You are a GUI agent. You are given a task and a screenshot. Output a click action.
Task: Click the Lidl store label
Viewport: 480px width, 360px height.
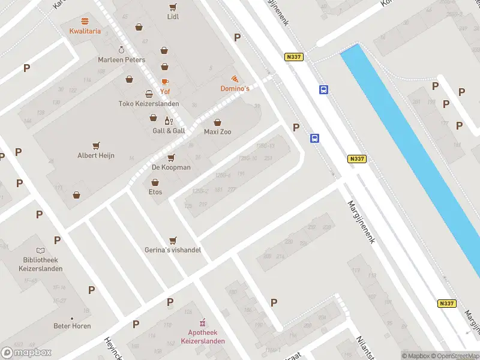pyautogui.click(x=173, y=17)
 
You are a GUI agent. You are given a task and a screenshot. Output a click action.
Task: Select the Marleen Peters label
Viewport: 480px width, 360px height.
pyautogui.click(x=122, y=60)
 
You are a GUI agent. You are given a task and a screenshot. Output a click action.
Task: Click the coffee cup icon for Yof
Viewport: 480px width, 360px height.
pyautogui.click(x=164, y=82)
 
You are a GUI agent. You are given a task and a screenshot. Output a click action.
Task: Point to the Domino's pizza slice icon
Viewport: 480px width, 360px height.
pyautogui.click(x=235, y=79)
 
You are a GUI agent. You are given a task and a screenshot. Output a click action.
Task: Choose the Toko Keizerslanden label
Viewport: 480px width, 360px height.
pyautogui.click(x=148, y=103)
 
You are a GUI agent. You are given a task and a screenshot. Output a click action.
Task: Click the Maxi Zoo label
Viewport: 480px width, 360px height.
pyautogui.click(x=217, y=131)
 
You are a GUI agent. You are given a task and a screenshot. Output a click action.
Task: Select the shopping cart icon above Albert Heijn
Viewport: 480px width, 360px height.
pyautogui.click(x=96, y=146)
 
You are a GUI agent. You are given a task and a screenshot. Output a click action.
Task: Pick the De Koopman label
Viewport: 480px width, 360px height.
pyautogui.click(x=171, y=167)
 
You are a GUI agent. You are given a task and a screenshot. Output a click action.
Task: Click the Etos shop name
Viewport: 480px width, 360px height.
pyautogui.click(x=155, y=192)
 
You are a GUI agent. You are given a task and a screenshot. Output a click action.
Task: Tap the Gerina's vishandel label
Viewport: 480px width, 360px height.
pyautogui.click(x=173, y=250)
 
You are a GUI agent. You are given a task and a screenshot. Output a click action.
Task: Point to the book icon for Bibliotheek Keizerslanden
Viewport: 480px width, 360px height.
pyautogui.click(x=40, y=250)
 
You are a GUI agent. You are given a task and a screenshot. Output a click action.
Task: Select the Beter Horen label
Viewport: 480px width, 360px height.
pyautogui.click(x=72, y=326)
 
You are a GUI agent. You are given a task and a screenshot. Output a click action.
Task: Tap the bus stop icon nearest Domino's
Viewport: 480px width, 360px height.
pyautogui.click(x=323, y=90)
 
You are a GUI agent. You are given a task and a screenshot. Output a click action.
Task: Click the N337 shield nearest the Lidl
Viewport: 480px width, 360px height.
pyautogui.click(x=294, y=57)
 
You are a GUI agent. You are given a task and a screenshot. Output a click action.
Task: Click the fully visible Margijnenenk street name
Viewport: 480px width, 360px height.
pyautogui.click(x=361, y=222)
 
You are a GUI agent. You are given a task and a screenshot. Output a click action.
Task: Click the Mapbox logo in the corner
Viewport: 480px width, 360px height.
pyautogui.click(x=26, y=352)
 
